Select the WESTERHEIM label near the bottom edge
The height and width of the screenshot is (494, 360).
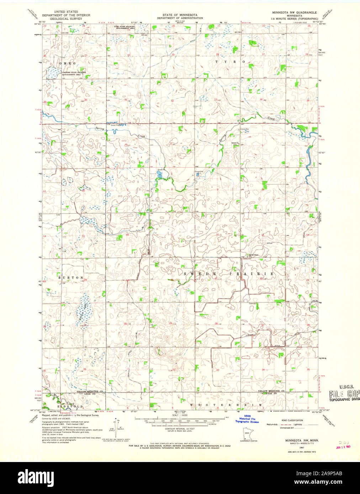pos(226,405)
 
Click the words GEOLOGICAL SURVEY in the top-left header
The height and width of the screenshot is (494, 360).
pos(66,18)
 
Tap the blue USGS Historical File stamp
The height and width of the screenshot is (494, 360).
pos(247,419)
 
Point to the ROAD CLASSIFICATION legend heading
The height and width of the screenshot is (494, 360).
pos(292,420)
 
